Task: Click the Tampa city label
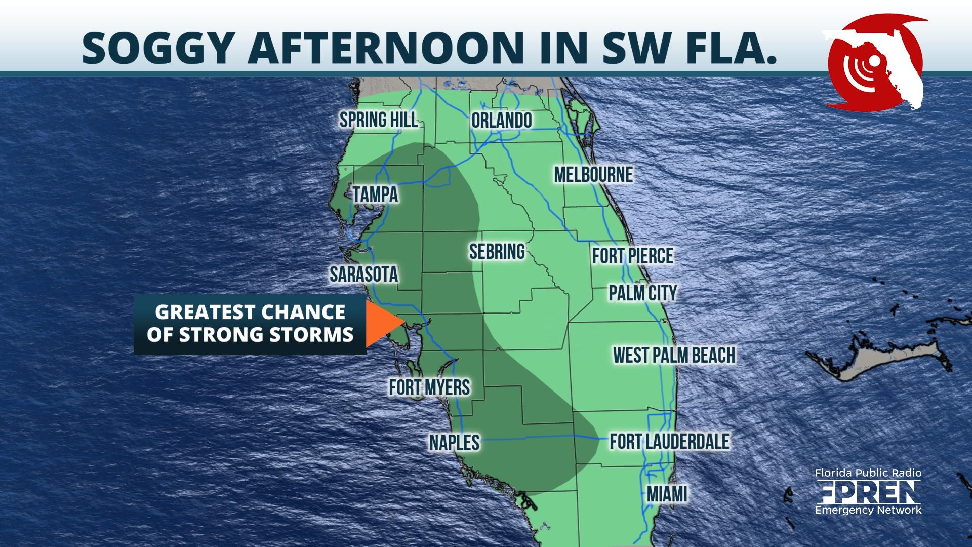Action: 375,194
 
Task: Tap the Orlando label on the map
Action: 501,121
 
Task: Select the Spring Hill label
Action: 378,120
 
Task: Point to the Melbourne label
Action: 593,175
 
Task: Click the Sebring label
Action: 497,251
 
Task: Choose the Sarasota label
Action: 363,274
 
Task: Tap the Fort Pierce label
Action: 633,256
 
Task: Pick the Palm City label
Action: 642,293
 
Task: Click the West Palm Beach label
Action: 674,355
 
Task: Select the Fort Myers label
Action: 429,387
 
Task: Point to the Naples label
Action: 454,442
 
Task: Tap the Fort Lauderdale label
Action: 669,441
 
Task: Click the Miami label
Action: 667,494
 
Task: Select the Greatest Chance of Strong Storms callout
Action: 250,324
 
